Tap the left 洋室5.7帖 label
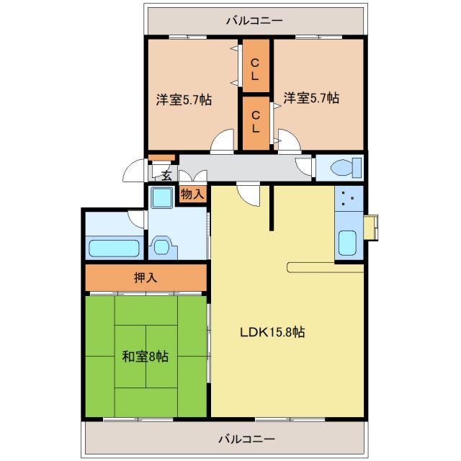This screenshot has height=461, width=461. coord(184,99)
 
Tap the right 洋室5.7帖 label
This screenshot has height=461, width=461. coord(310,98)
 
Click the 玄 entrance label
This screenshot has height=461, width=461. coord(166,175)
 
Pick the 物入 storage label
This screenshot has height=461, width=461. coord(192,194)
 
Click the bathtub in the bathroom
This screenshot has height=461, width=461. coord(113,249)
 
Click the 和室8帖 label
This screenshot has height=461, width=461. coord(145,357)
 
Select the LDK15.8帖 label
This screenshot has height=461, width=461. coord(272,332)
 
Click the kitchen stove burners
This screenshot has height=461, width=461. coord(349,199)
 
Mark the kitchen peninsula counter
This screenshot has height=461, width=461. coord(324,267)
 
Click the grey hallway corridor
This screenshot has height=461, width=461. coord(245,167)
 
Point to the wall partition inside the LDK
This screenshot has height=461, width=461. coord(272,208)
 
